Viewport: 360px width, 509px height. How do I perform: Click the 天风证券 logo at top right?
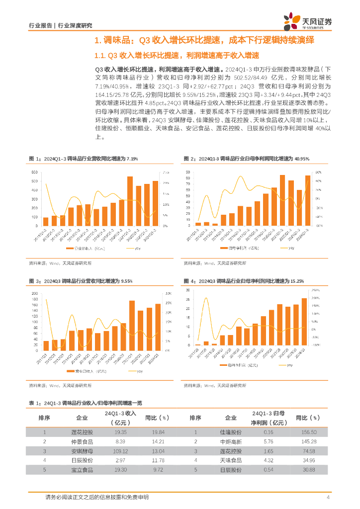[x=308, y=20]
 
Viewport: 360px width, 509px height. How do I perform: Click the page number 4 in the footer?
[x=328, y=498]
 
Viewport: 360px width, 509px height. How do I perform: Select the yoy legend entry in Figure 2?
[x=288, y=248]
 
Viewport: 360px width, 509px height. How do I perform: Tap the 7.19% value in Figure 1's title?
[x=132, y=159]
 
